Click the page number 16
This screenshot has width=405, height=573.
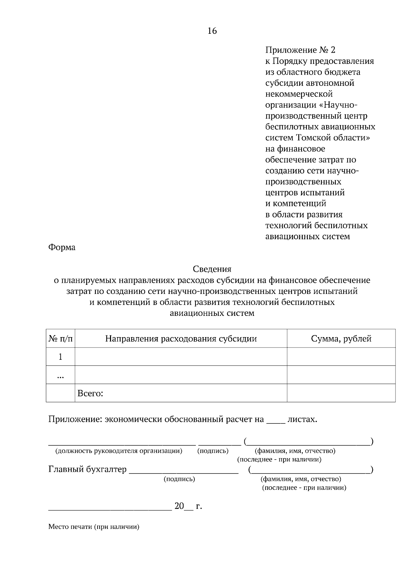coord(212,31)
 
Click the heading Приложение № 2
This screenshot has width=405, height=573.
coord(300,50)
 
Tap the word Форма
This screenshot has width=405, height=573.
coord(62,247)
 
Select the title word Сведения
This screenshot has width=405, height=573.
coord(212,269)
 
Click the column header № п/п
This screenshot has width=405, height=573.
coord(60,338)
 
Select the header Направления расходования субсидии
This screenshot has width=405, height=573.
coord(181,338)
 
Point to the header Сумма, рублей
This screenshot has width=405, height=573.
coord(341,338)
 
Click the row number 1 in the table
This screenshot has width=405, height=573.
coord(60,357)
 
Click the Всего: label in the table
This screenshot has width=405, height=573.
coord(90,393)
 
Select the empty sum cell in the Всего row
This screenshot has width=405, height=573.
coord(341,393)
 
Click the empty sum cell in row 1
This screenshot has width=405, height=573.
coord(341,357)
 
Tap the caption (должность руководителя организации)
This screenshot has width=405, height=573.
coord(119,451)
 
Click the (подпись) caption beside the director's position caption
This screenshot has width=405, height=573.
coord(213,451)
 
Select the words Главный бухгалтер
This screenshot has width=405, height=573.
coord(87,469)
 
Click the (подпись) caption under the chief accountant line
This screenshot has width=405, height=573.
coord(179,479)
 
